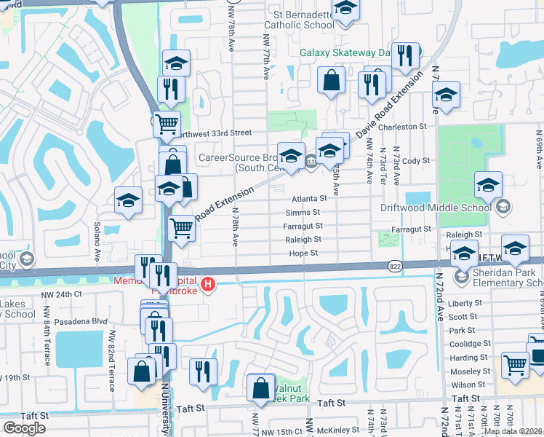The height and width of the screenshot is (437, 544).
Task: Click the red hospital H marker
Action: coord(209,283)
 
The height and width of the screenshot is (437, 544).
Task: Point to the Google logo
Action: coord(24,428)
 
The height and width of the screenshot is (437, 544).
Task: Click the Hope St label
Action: coord(304,253)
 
